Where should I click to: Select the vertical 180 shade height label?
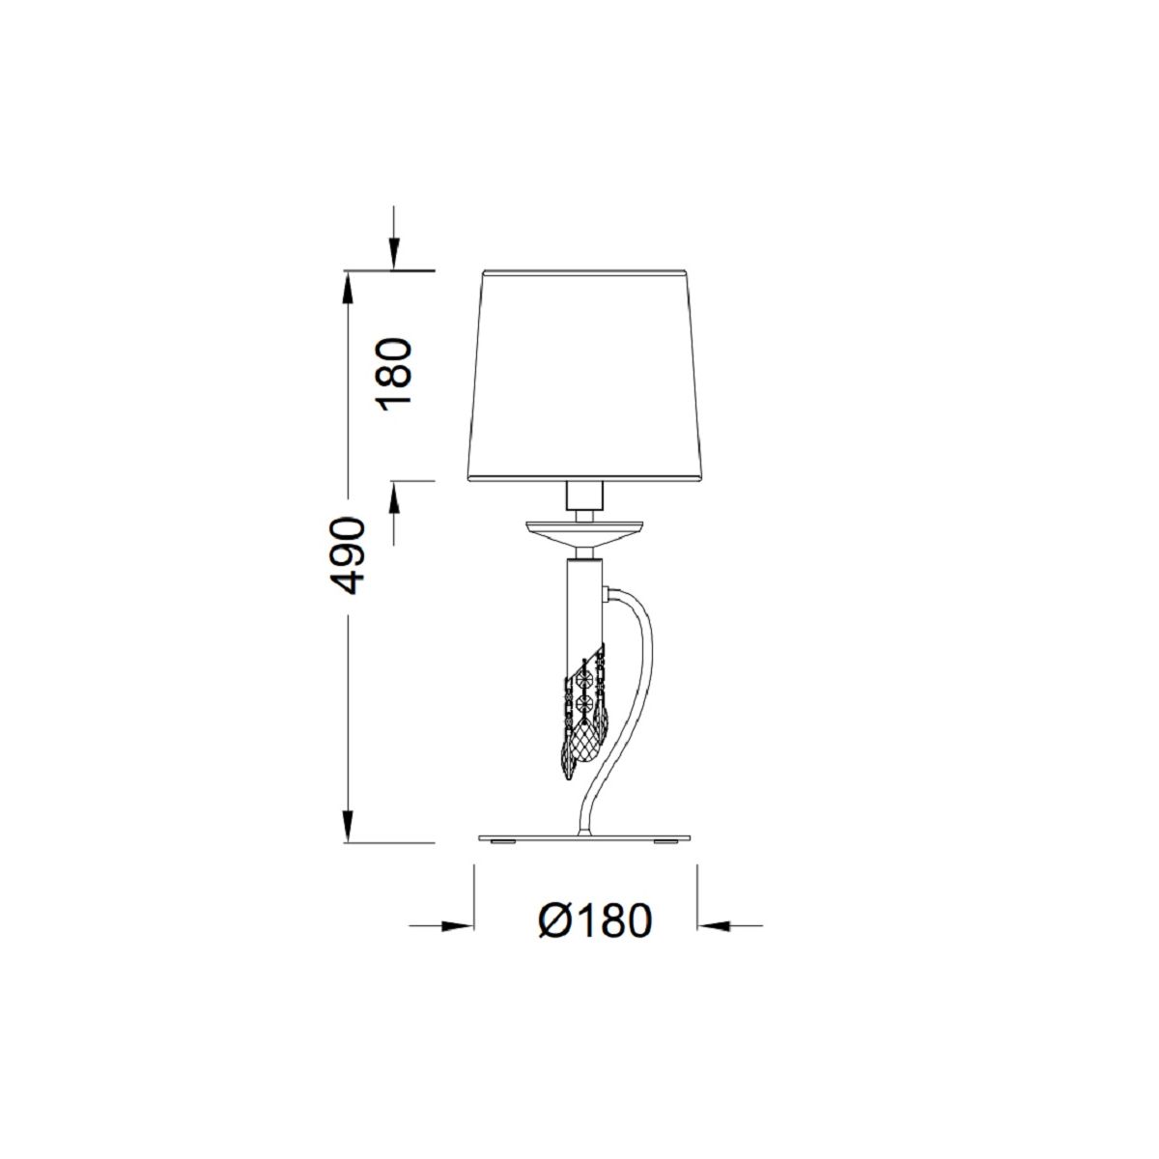pyautogui.click(x=394, y=374)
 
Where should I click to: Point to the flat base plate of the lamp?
pyautogui.click(x=584, y=837)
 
